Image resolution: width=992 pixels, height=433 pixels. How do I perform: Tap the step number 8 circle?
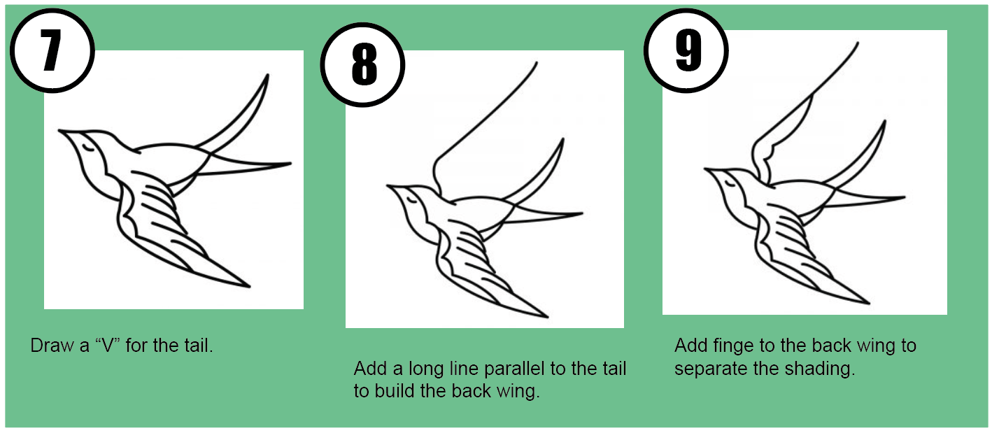pos(362,65)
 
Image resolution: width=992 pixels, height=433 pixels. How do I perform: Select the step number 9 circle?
pos(686,52)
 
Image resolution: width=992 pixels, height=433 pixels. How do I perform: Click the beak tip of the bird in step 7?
pos(59,130)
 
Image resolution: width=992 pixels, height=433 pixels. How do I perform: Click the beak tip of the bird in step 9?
pos(705,169)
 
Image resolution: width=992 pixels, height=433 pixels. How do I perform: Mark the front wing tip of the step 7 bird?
pos(248,287)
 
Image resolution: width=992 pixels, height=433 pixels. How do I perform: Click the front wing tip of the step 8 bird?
pos(546,317)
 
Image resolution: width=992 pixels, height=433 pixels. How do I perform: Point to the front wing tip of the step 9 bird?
pos(869,304)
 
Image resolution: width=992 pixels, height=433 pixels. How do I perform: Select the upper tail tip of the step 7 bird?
pos(267,75)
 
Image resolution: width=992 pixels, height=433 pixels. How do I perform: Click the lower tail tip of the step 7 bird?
pos(290,164)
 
